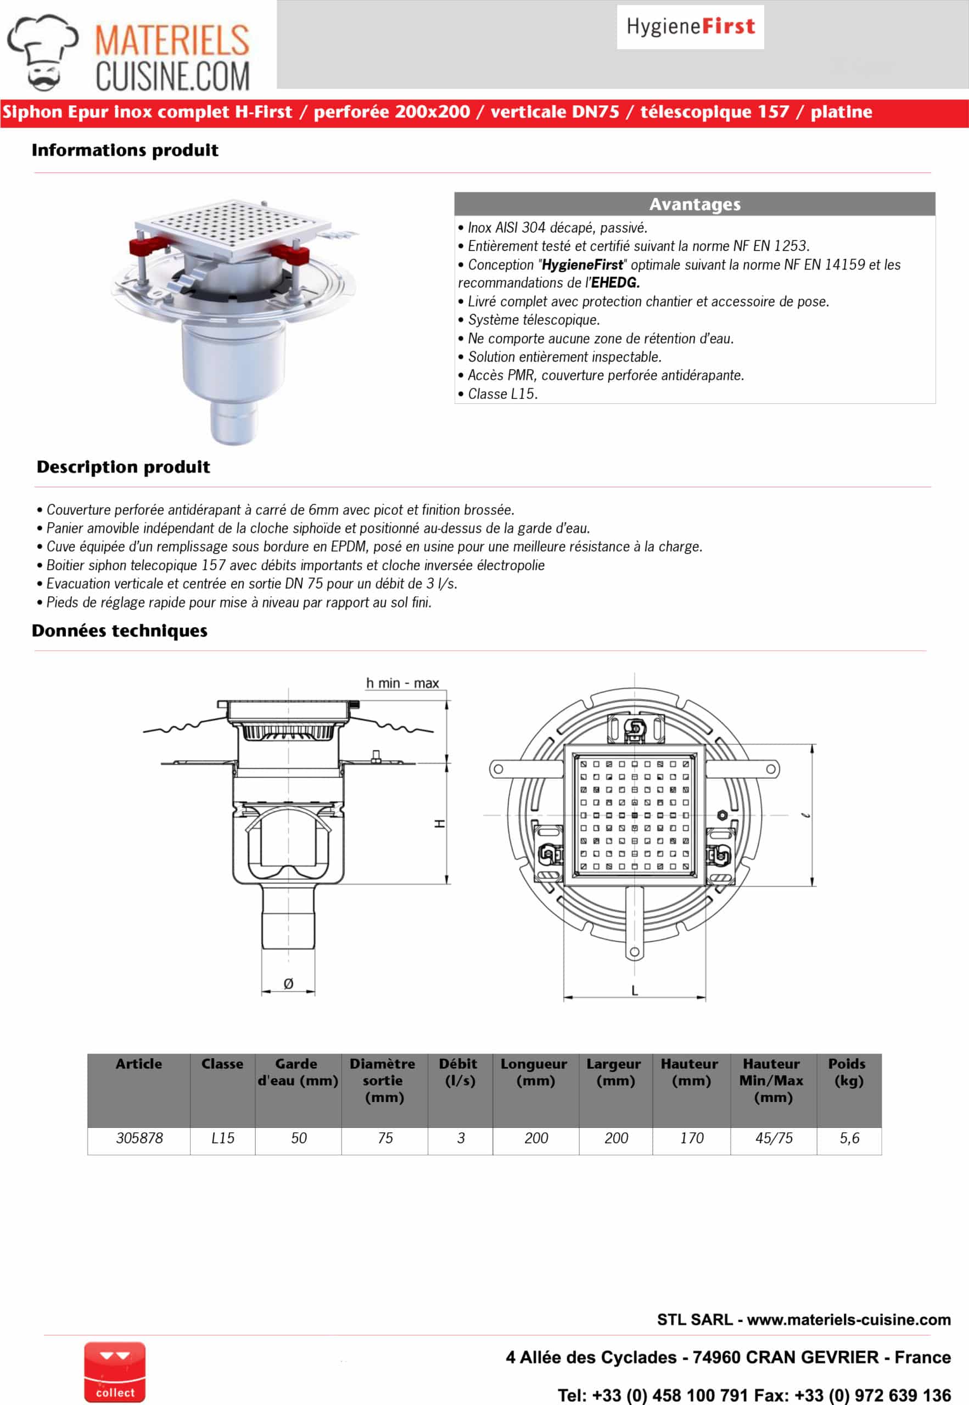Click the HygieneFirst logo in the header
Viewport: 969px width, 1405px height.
coord(690,27)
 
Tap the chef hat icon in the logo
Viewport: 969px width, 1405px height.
coord(42,52)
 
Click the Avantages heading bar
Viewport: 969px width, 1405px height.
coord(694,204)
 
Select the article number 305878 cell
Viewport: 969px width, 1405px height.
coord(139,1138)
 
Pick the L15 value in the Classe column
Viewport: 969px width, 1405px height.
coord(222,1138)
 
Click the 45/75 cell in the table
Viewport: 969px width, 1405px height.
coord(774,1138)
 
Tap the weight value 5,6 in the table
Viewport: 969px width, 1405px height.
coord(849,1138)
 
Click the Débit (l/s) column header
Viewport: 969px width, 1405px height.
coord(460,1072)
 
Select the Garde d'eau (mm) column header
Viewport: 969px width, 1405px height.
coord(298,1072)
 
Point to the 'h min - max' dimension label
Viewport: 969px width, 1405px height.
coord(402,683)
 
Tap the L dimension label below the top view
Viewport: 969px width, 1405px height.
coord(635,991)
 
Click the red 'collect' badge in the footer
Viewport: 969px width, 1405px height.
coord(115,1372)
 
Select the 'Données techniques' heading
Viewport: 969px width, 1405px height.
coord(120,631)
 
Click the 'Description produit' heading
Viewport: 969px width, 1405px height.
coord(123,467)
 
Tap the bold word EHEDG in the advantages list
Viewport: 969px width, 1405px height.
coord(615,283)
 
